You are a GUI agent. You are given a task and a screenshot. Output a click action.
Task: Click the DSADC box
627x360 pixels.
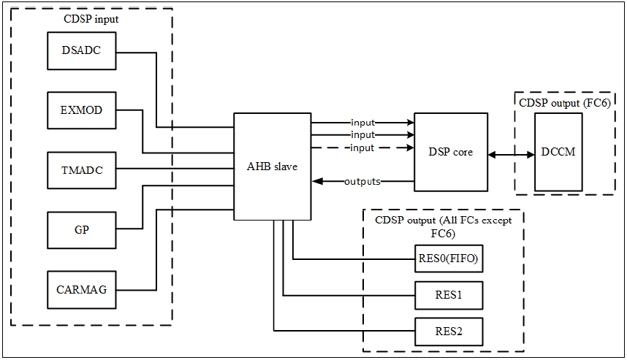click(82, 50)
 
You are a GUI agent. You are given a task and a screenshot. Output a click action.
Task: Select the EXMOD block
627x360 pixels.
click(82, 110)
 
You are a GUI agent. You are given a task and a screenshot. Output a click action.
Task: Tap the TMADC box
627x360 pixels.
click(82, 170)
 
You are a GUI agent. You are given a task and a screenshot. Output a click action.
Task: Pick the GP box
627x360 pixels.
click(82, 230)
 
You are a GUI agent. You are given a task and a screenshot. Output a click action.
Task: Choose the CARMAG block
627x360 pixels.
click(82, 290)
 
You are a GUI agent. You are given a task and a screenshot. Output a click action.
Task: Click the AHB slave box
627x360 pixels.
click(273, 166)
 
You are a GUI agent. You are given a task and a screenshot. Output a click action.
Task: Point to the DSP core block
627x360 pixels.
click(451, 152)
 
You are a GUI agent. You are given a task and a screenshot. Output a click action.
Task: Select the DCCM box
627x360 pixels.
click(558, 152)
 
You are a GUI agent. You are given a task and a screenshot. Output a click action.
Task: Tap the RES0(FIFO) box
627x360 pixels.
click(449, 258)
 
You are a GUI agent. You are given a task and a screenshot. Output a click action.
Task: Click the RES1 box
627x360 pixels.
click(449, 295)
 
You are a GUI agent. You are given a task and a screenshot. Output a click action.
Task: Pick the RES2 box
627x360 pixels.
click(449, 332)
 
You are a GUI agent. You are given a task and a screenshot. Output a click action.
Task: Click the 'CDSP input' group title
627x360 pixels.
click(91, 19)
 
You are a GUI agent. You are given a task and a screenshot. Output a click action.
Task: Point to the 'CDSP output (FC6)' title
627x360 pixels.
click(565, 103)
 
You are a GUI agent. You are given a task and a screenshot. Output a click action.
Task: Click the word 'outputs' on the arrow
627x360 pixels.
click(362, 181)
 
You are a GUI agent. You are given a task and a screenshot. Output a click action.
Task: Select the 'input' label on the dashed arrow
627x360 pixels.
click(362, 148)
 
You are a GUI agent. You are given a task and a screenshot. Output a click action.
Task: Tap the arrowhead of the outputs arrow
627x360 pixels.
click(317, 181)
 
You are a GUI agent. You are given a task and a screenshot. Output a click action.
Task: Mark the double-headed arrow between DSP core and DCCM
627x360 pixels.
click(512, 155)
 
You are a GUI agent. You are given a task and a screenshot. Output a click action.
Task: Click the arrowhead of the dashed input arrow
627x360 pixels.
click(409, 148)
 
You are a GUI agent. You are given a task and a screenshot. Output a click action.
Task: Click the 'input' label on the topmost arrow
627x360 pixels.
click(362, 122)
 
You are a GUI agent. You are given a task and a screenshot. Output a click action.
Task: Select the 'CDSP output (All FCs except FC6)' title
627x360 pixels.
click(443, 226)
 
